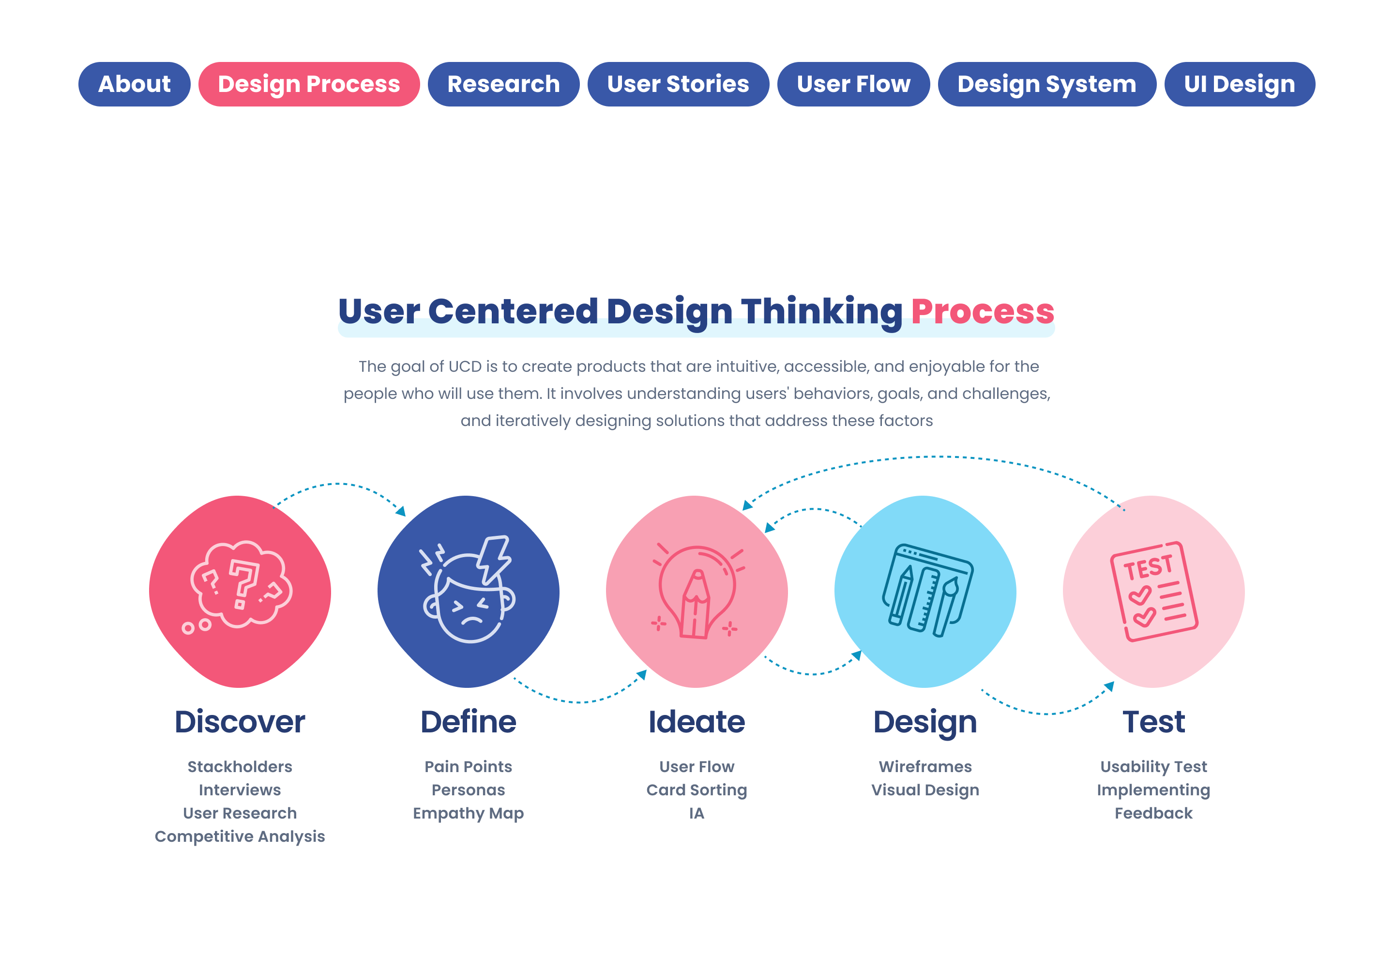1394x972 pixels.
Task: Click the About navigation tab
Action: click(x=134, y=84)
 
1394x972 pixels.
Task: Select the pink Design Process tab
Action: click(x=309, y=84)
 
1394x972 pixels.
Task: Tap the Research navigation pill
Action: click(x=503, y=84)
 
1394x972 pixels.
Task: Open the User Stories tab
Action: click(x=678, y=84)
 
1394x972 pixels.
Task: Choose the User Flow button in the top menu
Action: click(x=854, y=84)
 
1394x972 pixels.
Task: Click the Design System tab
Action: click(x=1047, y=84)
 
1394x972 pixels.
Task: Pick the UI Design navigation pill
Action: click(x=1239, y=84)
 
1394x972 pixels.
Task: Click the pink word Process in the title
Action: click(x=983, y=311)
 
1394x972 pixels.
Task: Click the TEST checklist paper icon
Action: click(x=1153, y=591)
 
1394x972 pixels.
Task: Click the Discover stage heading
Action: click(x=240, y=722)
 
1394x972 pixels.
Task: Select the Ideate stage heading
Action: click(x=697, y=722)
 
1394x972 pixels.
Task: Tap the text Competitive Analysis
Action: click(x=240, y=836)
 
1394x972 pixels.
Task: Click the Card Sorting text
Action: click(x=697, y=790)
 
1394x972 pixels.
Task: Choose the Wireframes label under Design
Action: click(x=925, y=767)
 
